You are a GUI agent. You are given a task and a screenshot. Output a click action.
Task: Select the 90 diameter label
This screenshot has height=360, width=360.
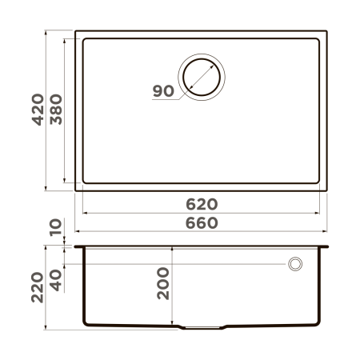point(163,90)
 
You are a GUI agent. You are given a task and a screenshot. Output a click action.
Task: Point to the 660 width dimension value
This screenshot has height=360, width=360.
point(202,223)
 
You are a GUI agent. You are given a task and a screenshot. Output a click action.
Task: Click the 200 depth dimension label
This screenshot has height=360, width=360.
point(163,283)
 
